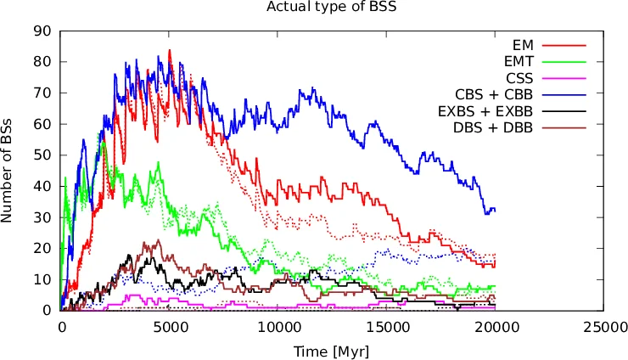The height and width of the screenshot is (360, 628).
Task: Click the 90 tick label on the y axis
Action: tap(43, 31)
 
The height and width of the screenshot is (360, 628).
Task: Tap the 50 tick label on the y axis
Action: tap(43, 155)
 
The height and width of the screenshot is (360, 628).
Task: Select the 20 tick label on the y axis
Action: tap(43, 249)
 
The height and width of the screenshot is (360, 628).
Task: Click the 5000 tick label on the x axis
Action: tap(170, 326)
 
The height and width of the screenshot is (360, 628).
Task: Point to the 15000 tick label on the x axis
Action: tap(387, 326)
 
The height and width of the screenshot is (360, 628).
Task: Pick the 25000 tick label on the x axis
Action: tap(604, 326)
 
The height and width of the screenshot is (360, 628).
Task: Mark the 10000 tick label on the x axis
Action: tap(278, 326)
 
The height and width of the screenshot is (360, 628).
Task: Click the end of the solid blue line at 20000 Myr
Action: tap(495, 209)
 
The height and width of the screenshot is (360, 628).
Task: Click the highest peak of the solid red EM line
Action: tap(170, 50)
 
